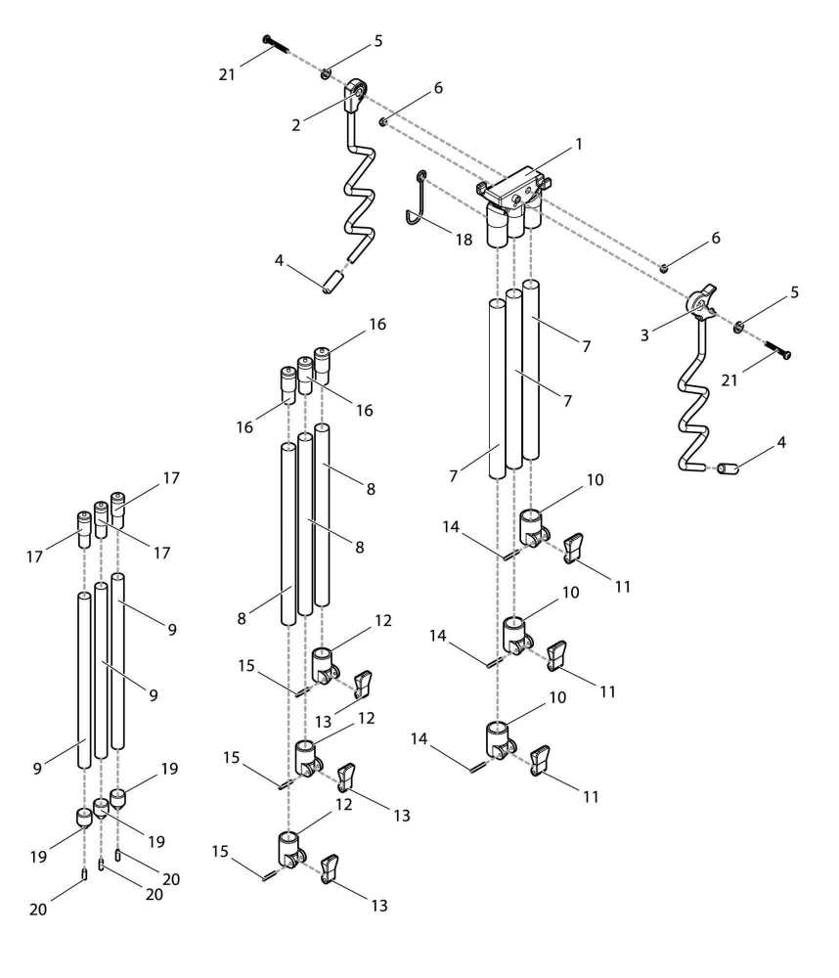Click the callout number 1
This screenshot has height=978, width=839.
pos(579,144)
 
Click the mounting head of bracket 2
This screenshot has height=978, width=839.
pos(356,95)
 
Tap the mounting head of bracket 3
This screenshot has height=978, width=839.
pos(701,303)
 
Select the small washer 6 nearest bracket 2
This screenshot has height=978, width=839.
pos(385,121)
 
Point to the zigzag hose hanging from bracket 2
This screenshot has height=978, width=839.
pos(358,186)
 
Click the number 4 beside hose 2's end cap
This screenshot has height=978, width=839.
pos(279,261)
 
